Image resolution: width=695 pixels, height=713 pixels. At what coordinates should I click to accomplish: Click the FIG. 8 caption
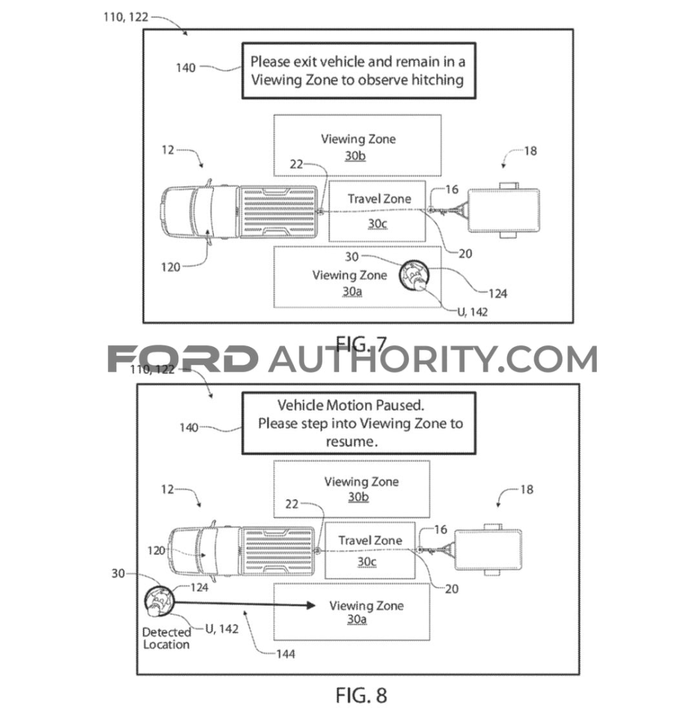tap(361, 694)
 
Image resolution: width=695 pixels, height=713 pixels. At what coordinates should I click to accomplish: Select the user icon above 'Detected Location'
tap(159, 602)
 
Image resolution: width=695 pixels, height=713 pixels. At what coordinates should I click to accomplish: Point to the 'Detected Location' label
tap(166, 638)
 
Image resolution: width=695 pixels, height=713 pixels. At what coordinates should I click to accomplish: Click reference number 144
tap(285, 654)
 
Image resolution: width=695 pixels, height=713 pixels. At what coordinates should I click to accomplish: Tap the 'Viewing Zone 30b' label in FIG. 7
tap(357, 147)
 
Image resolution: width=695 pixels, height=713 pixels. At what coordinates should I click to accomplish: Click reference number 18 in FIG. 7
tap(530, 150)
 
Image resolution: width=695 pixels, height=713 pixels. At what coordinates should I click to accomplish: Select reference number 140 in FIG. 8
tap(188, 428)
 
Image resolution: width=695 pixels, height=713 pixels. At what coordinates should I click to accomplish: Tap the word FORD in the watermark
tap(182, 359)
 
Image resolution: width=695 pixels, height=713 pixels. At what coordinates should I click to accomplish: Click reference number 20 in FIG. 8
tap(452, 588)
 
